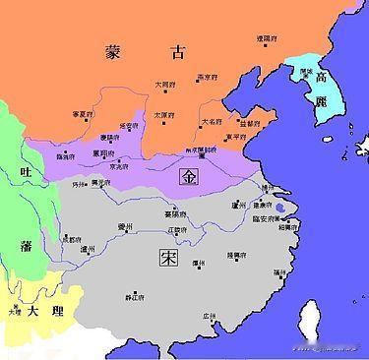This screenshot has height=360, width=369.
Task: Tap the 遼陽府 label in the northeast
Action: (x=267, y=37)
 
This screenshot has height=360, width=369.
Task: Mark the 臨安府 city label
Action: (x=267, y=219)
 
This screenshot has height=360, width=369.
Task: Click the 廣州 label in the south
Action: (x=209, y=316)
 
